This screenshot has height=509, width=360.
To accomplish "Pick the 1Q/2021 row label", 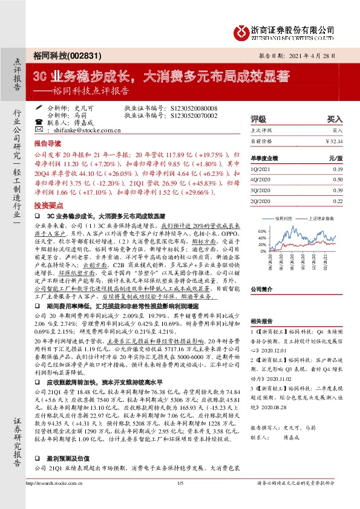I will pos(261,170).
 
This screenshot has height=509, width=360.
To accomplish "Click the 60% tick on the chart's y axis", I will pos(261,231).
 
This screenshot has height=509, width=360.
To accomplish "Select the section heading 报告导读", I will pos(47,145).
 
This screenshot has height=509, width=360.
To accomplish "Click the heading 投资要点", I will pos(47,204).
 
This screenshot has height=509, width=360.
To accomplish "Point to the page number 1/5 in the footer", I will pos(180,500).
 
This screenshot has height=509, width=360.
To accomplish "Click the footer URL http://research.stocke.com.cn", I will pos(61,500).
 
